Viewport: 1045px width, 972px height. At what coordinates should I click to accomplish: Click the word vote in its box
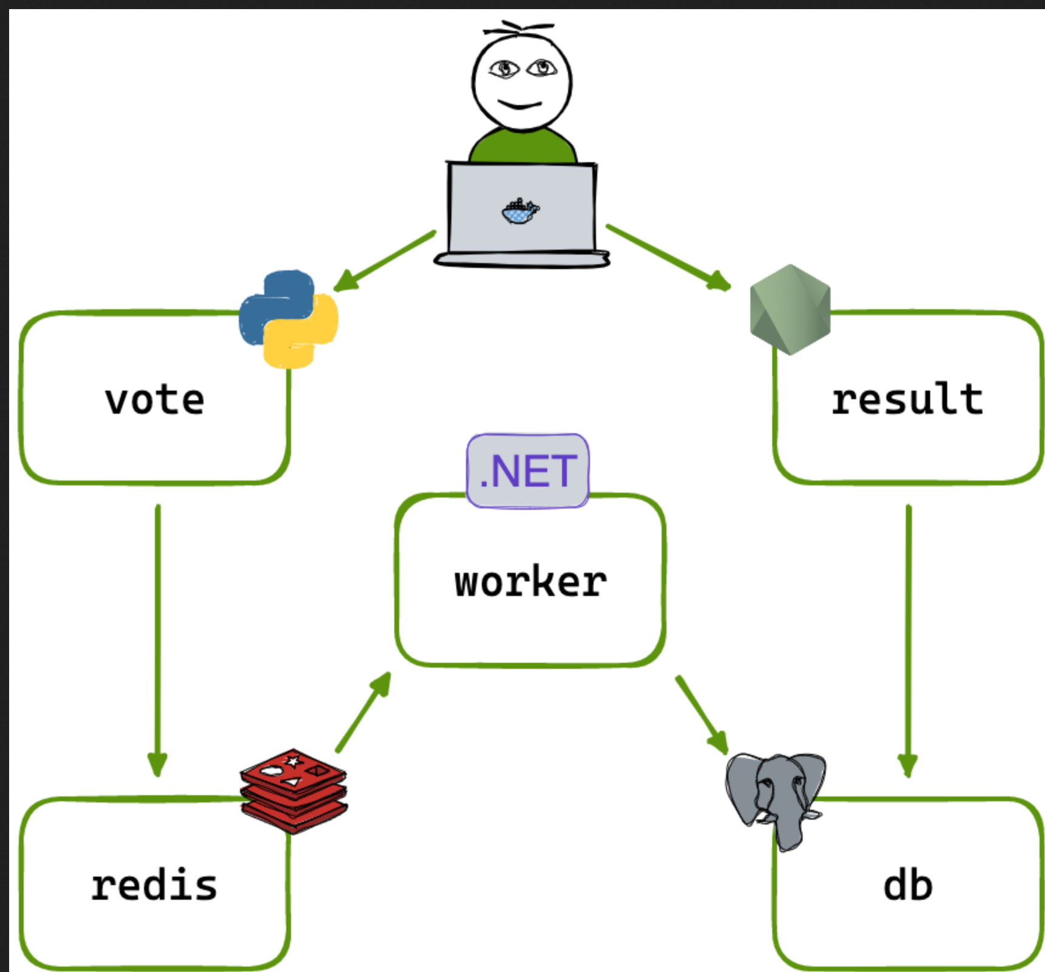[154, 400]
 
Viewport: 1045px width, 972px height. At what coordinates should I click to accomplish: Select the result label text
[907, 399]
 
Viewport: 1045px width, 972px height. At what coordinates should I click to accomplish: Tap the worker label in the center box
[530, 581]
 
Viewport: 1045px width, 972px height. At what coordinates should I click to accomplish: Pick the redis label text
[154, 885]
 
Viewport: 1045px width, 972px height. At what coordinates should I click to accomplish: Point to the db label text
[908, 885]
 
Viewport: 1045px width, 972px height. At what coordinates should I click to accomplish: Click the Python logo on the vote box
[289, 319]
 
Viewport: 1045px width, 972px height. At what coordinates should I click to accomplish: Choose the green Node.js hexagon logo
[790, 309]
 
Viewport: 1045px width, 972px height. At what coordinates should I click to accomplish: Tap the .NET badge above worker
[527, 471]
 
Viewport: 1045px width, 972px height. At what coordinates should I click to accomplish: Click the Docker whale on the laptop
[520, 211]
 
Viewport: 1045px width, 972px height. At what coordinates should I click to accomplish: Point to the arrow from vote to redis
[158, 638]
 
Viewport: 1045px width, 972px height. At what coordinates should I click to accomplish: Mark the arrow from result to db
[908, 638]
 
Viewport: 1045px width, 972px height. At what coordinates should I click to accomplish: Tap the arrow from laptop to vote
[385, 260]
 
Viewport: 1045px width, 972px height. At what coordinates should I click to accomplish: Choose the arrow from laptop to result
[668, 258]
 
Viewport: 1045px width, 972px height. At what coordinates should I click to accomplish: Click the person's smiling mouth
[520, 106]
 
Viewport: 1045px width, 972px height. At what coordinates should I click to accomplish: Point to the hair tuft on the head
[518, 28]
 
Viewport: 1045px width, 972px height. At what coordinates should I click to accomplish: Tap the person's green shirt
[522, 147]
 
